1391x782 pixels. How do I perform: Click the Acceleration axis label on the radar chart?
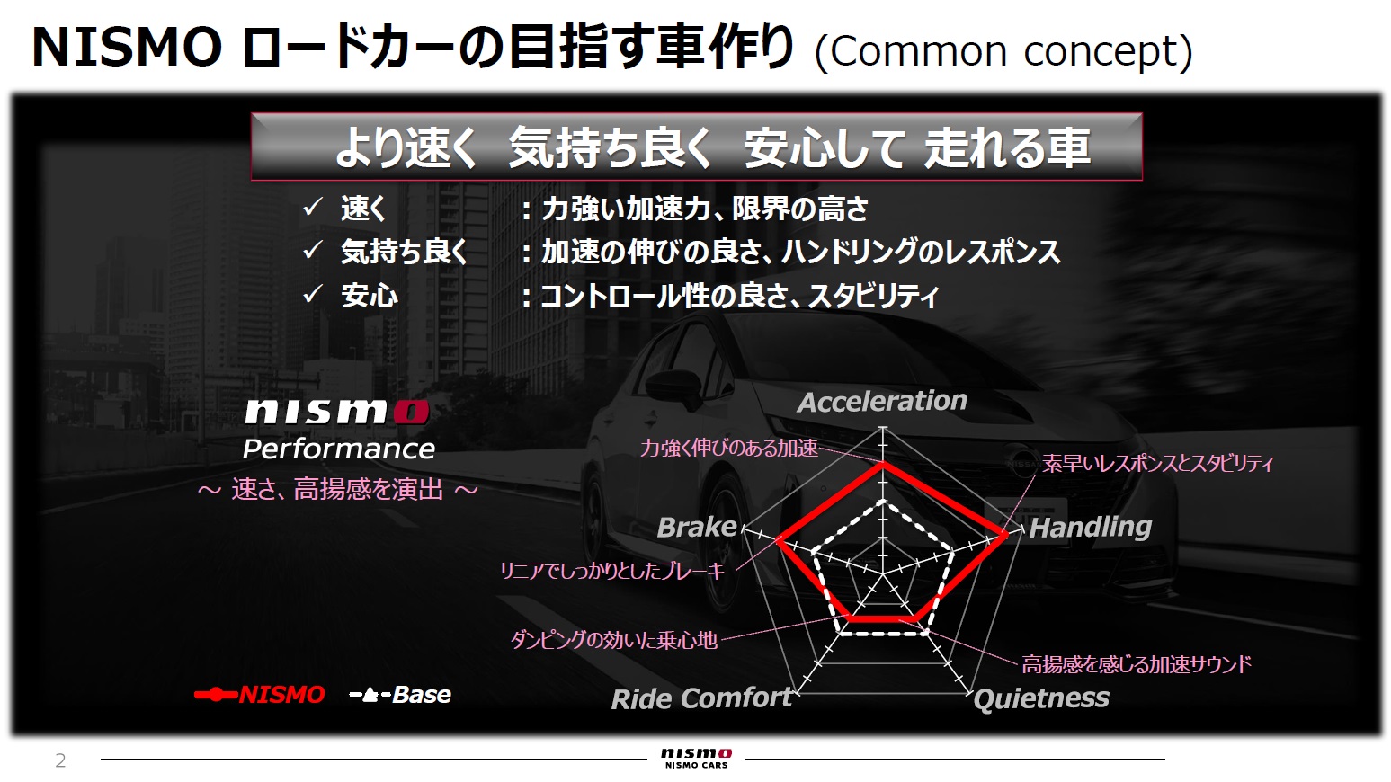coord(882,401)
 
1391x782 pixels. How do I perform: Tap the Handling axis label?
coord(1090,527)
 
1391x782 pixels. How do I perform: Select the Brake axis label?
coord(697,527)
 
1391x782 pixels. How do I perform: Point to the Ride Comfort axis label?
coord(701,698)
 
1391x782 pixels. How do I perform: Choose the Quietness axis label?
coord(1041,698)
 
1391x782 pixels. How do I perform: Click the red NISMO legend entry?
coord(260,695)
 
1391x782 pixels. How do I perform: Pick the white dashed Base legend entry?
coord(400,695)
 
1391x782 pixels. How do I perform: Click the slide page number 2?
coord(60,760)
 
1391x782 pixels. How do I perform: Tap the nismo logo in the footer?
coord(696,757)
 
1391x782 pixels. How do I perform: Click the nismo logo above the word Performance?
coord(336,412)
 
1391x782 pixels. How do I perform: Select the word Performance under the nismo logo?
coord(338,449)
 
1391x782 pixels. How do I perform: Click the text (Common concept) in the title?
coord(1003,51)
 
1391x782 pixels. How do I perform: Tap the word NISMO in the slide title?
coord(127,48)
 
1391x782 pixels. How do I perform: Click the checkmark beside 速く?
coord(312,208)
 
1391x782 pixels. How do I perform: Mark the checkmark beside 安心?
coord(312,294)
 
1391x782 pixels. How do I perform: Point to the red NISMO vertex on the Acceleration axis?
coord(883,464)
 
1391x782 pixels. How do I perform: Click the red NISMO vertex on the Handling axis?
coord(1004,536)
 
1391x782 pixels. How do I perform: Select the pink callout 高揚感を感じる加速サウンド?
coord(1136,664)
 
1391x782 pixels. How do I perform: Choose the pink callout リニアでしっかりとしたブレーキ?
coord(611,571)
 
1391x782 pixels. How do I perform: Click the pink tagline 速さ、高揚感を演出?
coord(337,489)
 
